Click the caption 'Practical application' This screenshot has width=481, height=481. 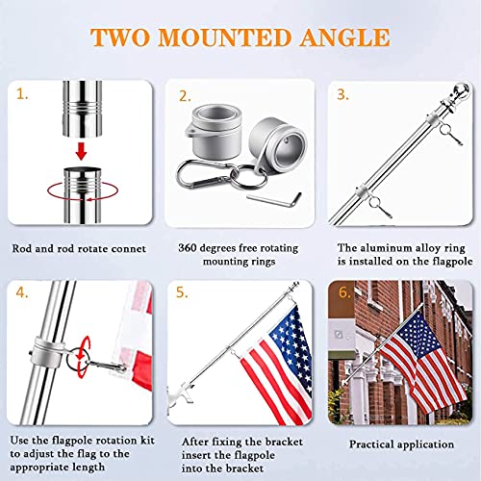click(401, 443)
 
